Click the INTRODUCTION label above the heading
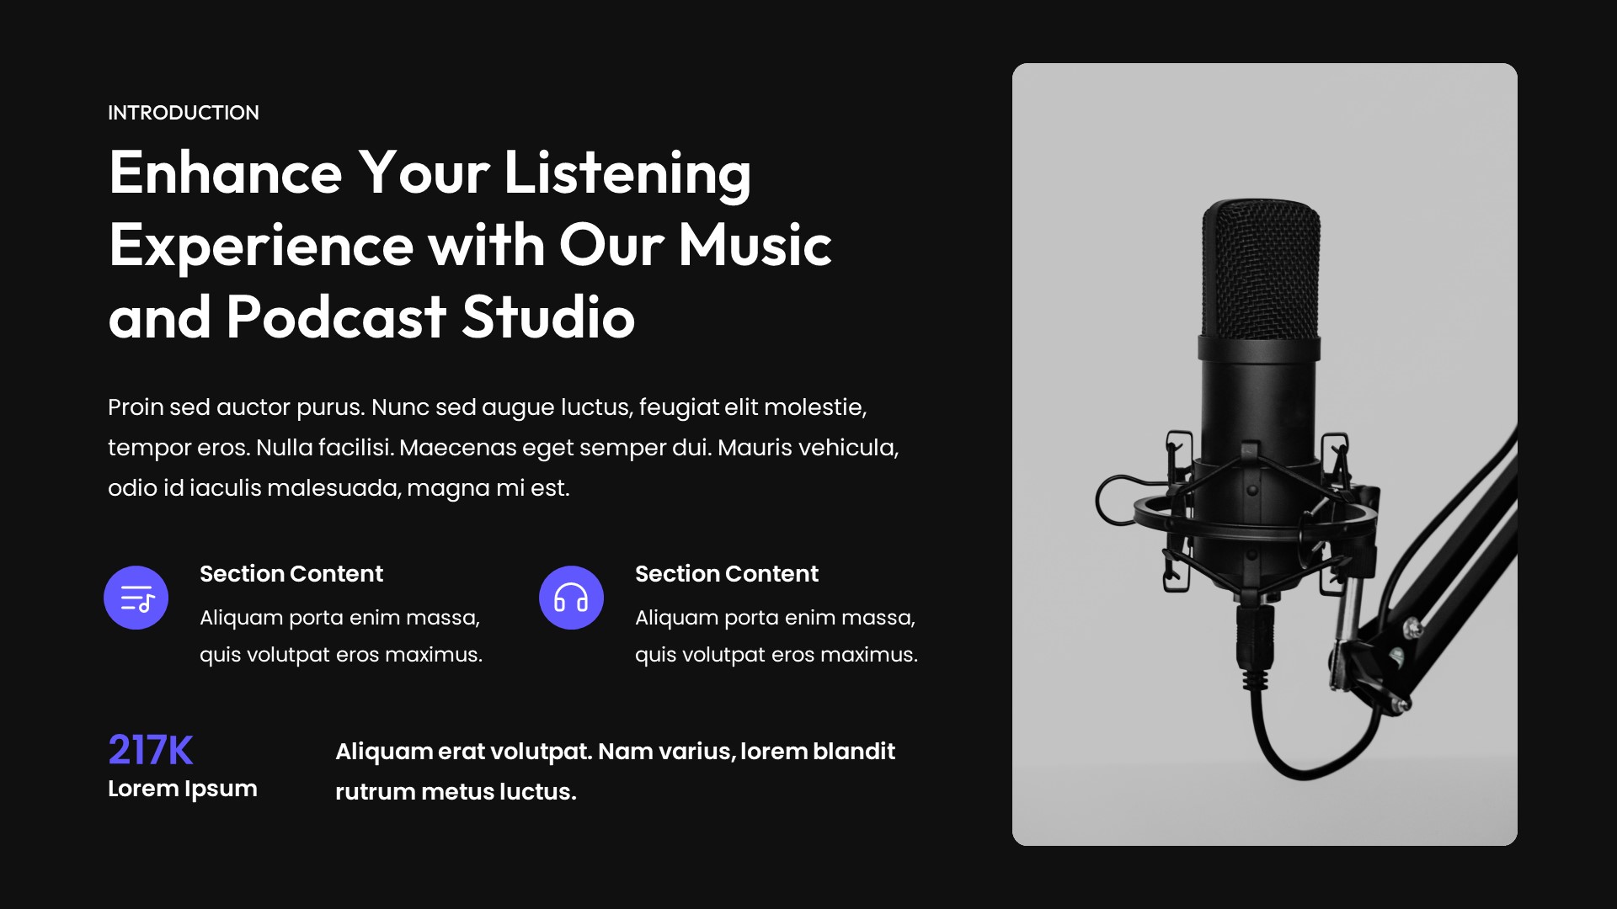[x=184, y=113]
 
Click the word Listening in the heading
[x=627, y=173]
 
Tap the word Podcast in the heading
[x=335, y=318]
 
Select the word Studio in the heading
[x=548, y=318]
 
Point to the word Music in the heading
[x=755, y=246]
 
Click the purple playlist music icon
[x=136, y=598]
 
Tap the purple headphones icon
[x=571, y=598]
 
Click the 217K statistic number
[x=151, y=750]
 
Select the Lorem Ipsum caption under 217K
[x=183, y=789]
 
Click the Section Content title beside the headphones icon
[x=726, y=574]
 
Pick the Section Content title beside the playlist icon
[x=291, y=574]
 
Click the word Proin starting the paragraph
[x=136, y=407]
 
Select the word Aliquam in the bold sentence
[x=383, y=752]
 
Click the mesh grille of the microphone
[x=1261, y=269]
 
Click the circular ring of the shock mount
[x=1154, y=510]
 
